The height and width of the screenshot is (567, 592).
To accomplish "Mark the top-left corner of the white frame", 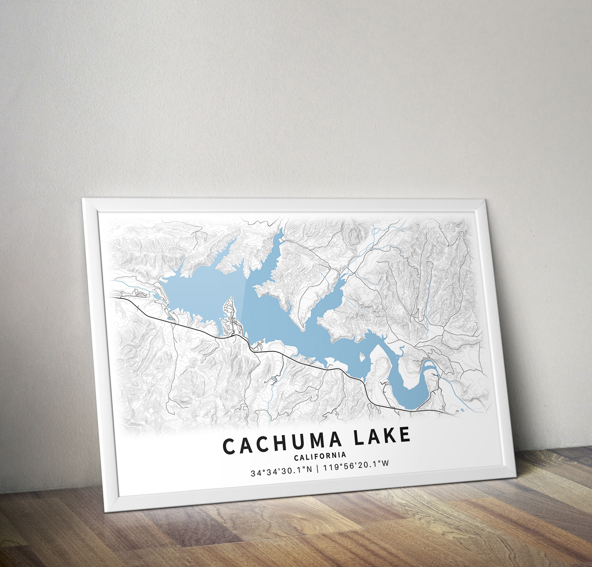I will pyautogui.click(x=83, y=199).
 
